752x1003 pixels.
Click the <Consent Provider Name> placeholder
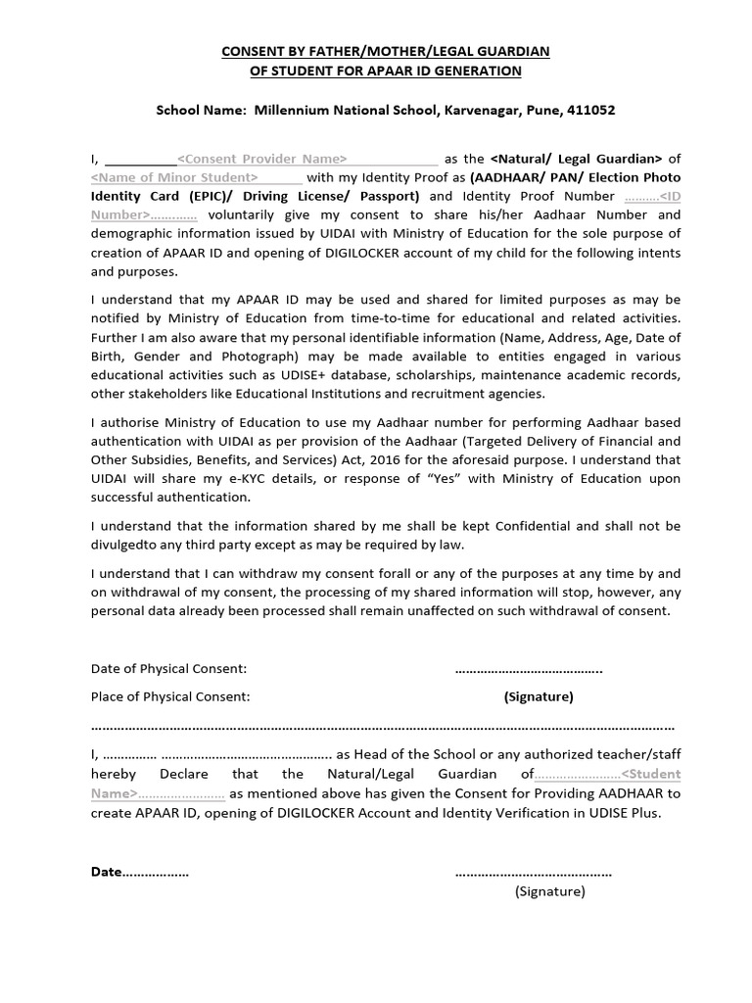[x=260, y=159]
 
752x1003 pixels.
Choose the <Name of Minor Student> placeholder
[x=174, y=177]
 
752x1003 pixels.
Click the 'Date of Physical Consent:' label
[x=168, y=669]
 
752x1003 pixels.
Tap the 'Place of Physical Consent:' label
[x=170, y=697]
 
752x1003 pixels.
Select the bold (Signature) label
[x=539, y=697]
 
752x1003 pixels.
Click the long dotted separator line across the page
[x=382, y=727]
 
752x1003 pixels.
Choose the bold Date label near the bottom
[x=107, y=872]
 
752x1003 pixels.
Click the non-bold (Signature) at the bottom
[x=549, y=891]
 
